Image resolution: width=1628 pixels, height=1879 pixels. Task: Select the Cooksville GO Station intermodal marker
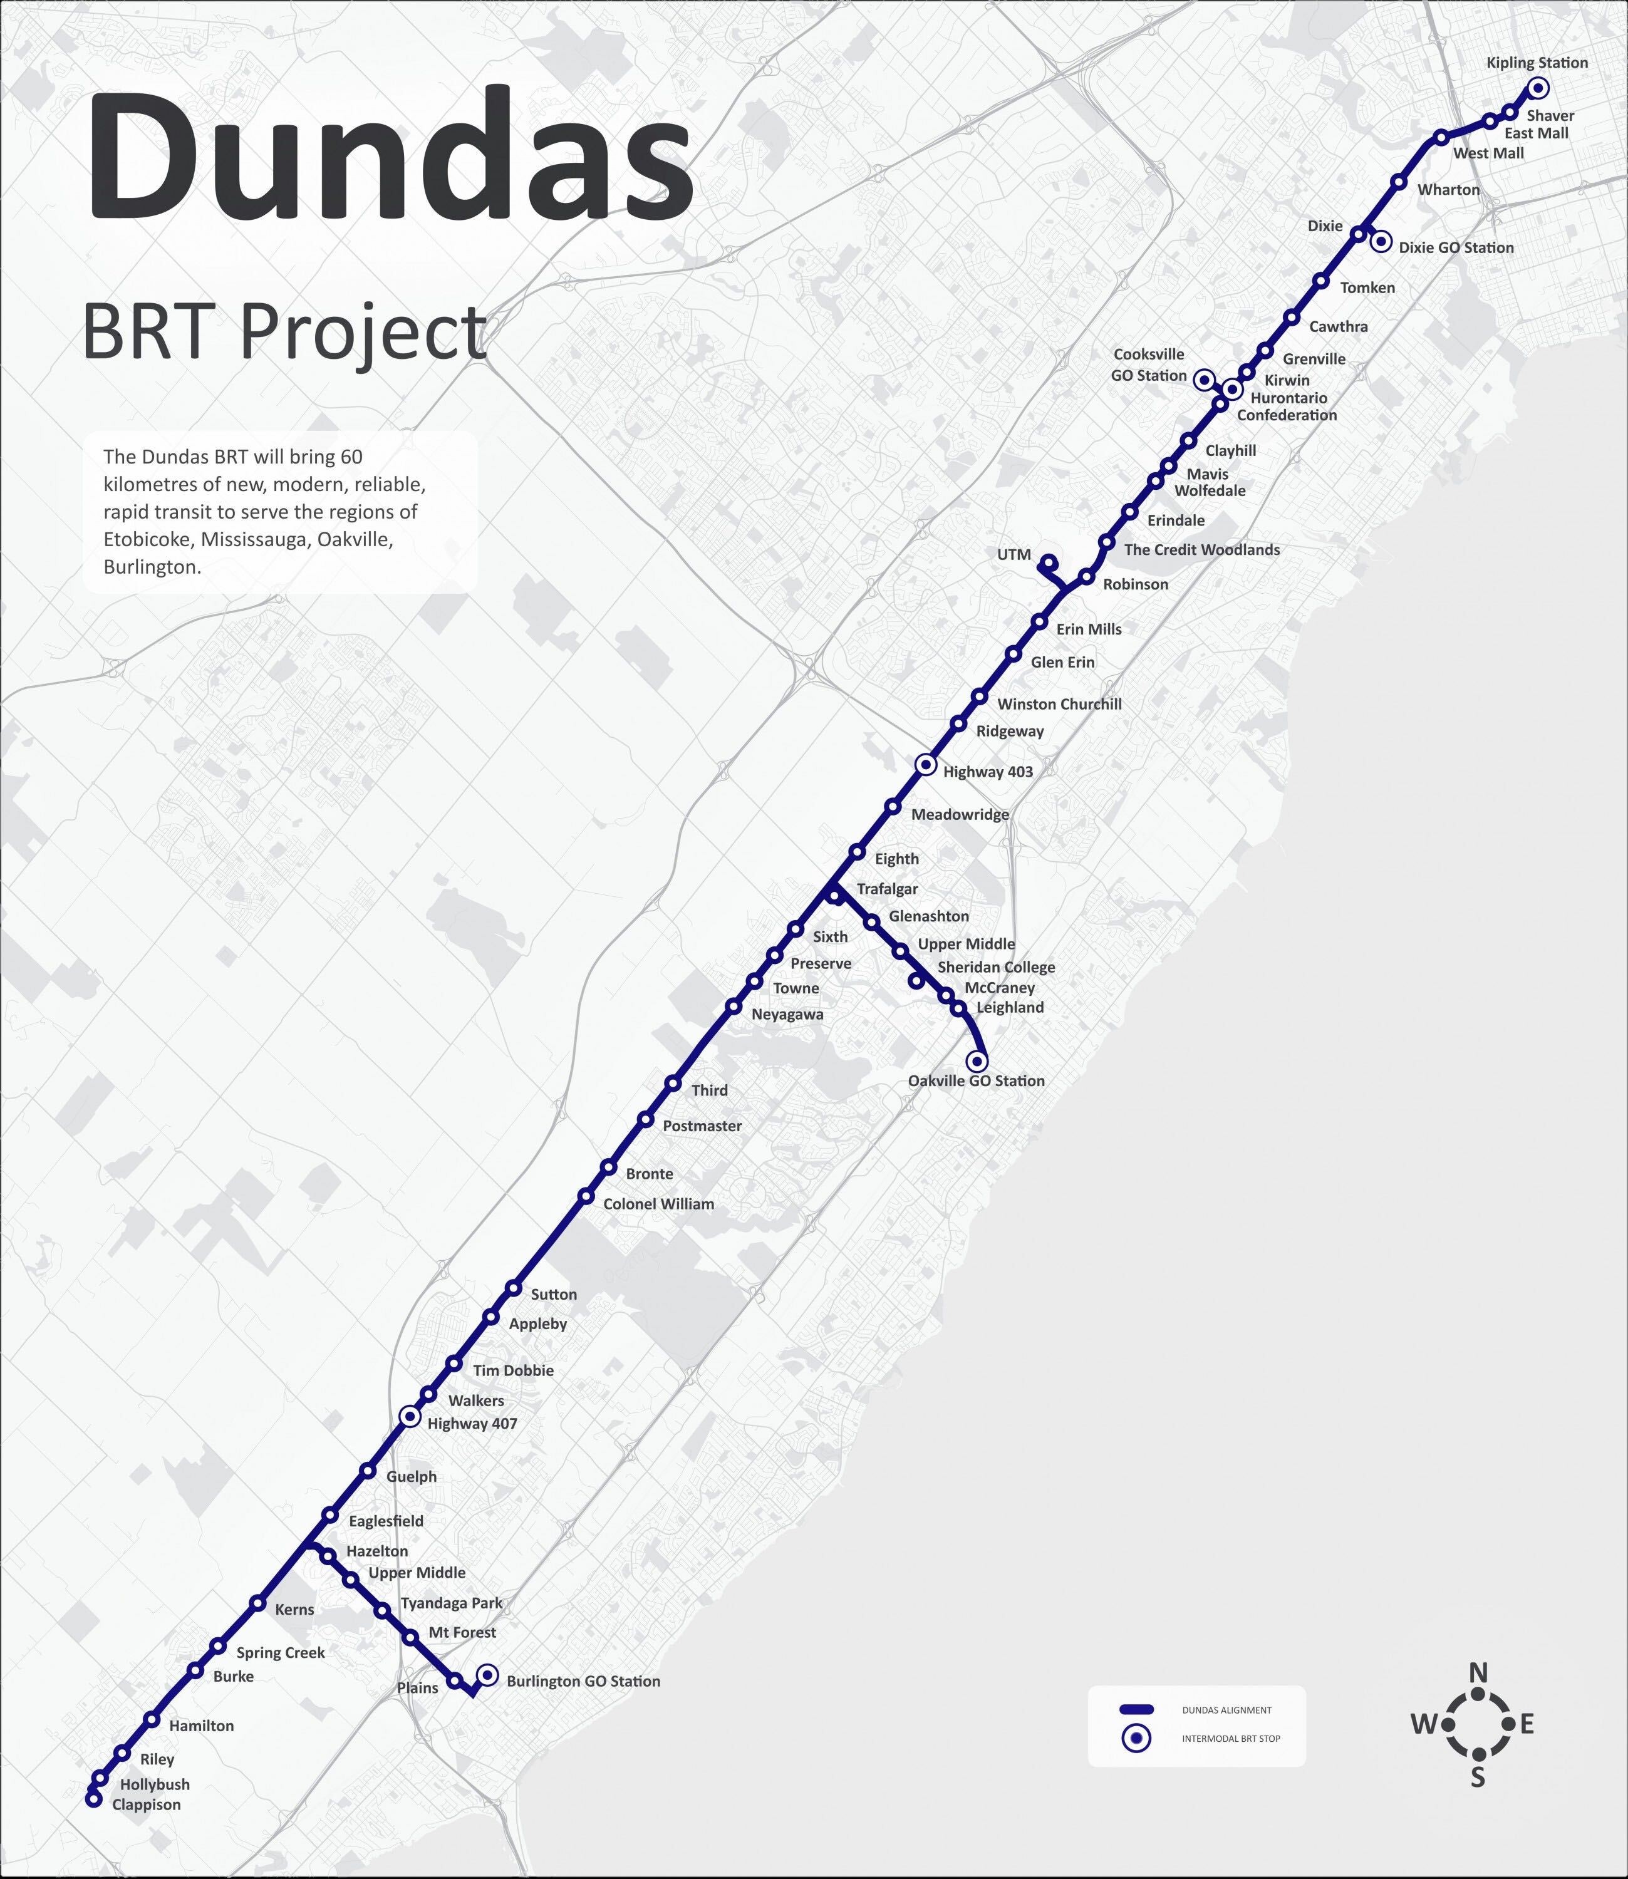coord(1205,380)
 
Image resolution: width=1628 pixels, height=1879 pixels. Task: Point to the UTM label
coord(1014,555)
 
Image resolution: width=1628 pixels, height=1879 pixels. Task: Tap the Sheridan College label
coord(996,967)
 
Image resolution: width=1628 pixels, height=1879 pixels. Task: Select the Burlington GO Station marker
coord(488,1675)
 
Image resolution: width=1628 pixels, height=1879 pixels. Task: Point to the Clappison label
coord(147,1804)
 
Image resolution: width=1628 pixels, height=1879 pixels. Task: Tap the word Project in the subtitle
coord(363,333)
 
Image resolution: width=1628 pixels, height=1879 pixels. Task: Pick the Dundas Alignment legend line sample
coord(1136,1710)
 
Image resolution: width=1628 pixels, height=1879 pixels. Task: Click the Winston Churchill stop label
coord(1059,704)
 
